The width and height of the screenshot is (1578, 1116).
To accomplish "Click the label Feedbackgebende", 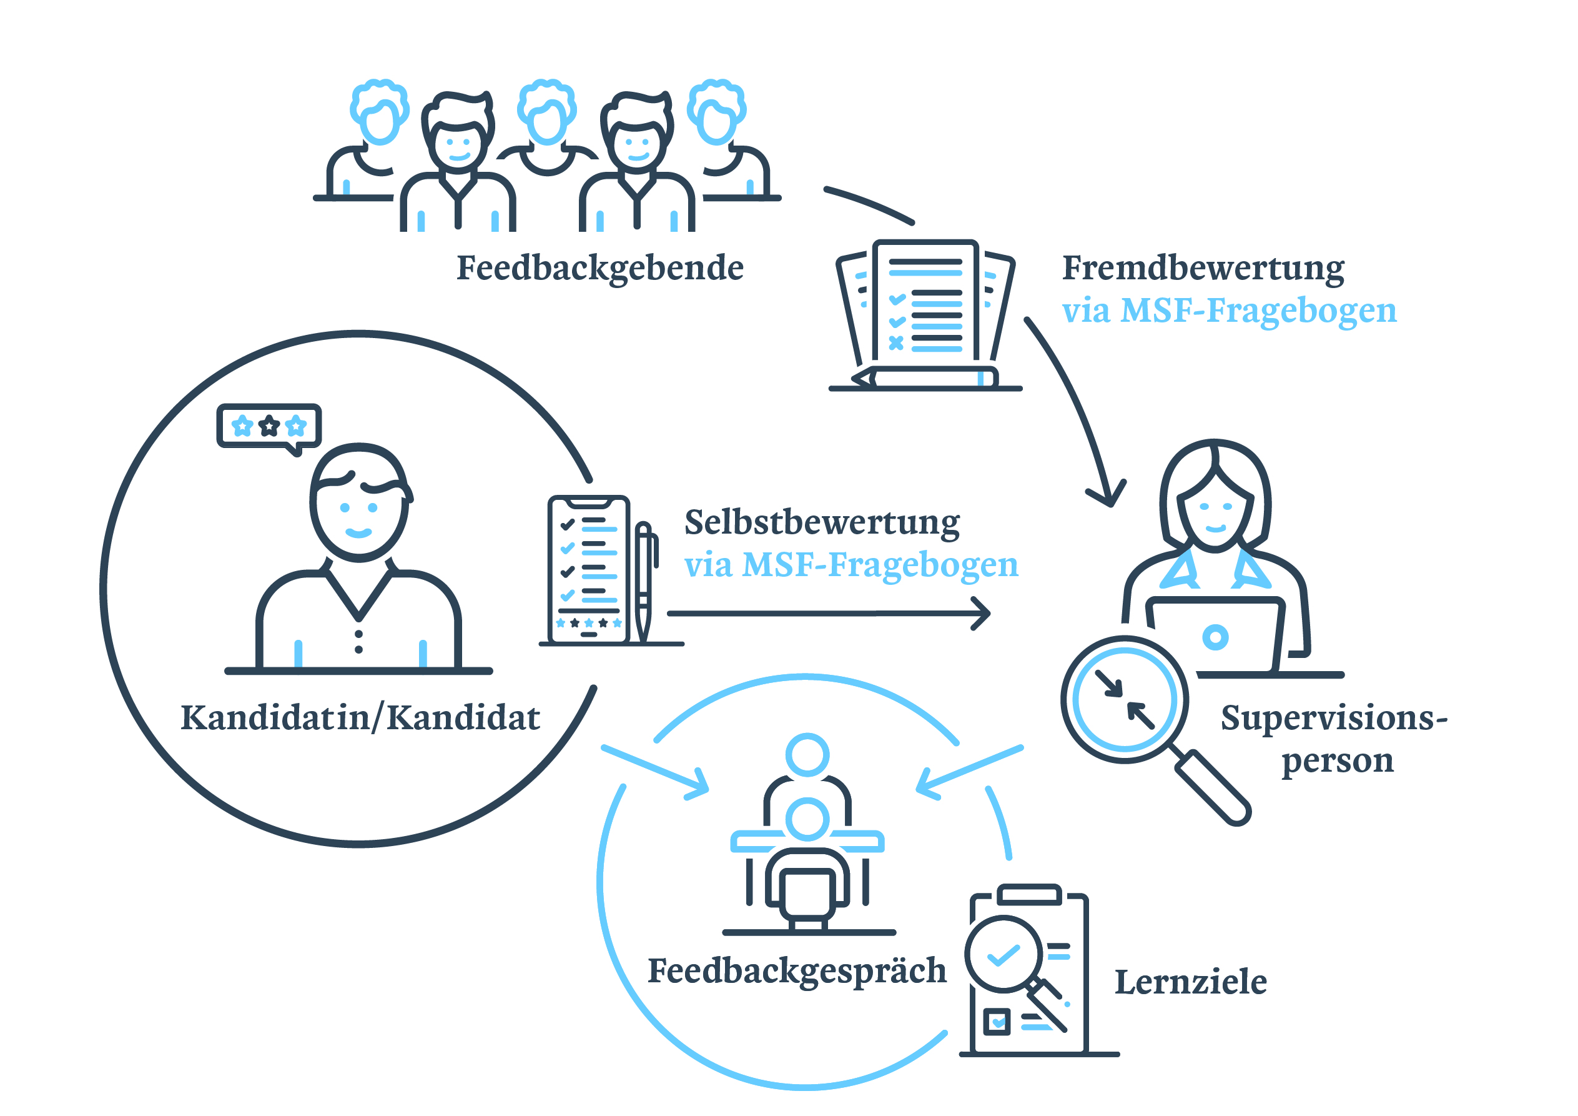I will tap(599, 268).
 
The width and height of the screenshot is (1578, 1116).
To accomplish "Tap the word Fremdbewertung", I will tap(1203, 268).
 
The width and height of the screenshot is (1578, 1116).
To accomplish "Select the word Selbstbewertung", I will tap(821, 522).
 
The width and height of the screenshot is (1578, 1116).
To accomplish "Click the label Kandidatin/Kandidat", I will tap(360, 718).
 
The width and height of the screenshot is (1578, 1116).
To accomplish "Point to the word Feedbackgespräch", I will tap(797, 971).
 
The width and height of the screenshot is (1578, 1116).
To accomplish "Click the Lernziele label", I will tap(1190, 982).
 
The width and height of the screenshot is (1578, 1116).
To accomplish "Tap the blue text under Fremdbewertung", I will tap(1229, 310).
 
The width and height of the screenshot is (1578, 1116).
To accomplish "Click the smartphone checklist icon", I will tap(588, 569).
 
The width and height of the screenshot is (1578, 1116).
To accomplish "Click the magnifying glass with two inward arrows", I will tap(1125, 700).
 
